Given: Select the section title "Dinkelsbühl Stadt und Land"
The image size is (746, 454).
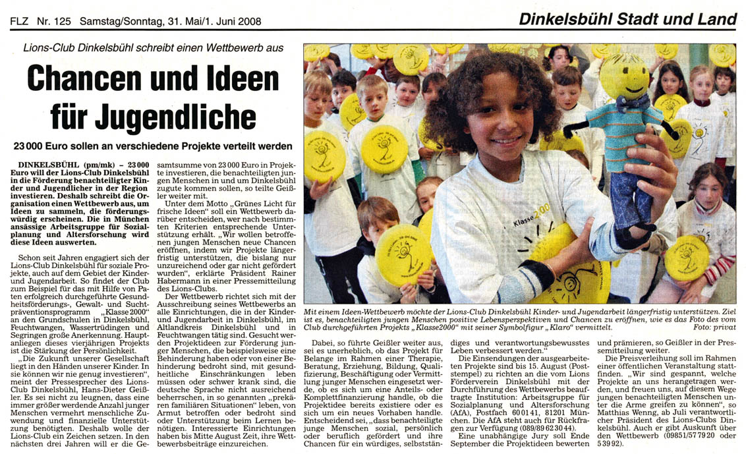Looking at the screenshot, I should tap(627, 20).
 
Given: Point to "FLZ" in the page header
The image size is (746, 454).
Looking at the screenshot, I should tap(20, 21).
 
